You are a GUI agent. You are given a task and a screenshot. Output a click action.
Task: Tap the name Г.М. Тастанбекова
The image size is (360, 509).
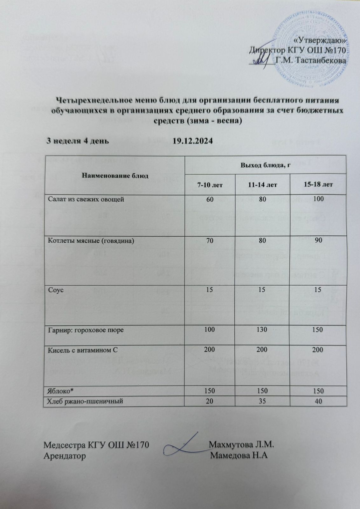coord(311,60)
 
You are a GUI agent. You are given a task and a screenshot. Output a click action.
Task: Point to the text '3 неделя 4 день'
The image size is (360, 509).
coord(78,141)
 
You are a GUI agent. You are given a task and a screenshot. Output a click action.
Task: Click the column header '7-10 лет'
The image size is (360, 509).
coord(210,185)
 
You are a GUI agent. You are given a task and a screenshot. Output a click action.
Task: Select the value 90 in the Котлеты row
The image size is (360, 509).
coord(319,241)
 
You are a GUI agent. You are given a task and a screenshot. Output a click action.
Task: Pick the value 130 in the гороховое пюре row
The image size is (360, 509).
coord(263,330)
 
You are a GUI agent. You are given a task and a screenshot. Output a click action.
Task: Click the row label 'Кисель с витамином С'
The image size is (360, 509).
coord(83,350)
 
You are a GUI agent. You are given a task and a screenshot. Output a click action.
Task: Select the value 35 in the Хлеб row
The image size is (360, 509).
coord(263,401)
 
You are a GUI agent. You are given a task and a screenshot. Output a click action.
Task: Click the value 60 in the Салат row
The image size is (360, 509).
coord(210,199)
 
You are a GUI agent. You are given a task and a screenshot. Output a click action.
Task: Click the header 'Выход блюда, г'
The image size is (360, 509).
coord(265,165)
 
